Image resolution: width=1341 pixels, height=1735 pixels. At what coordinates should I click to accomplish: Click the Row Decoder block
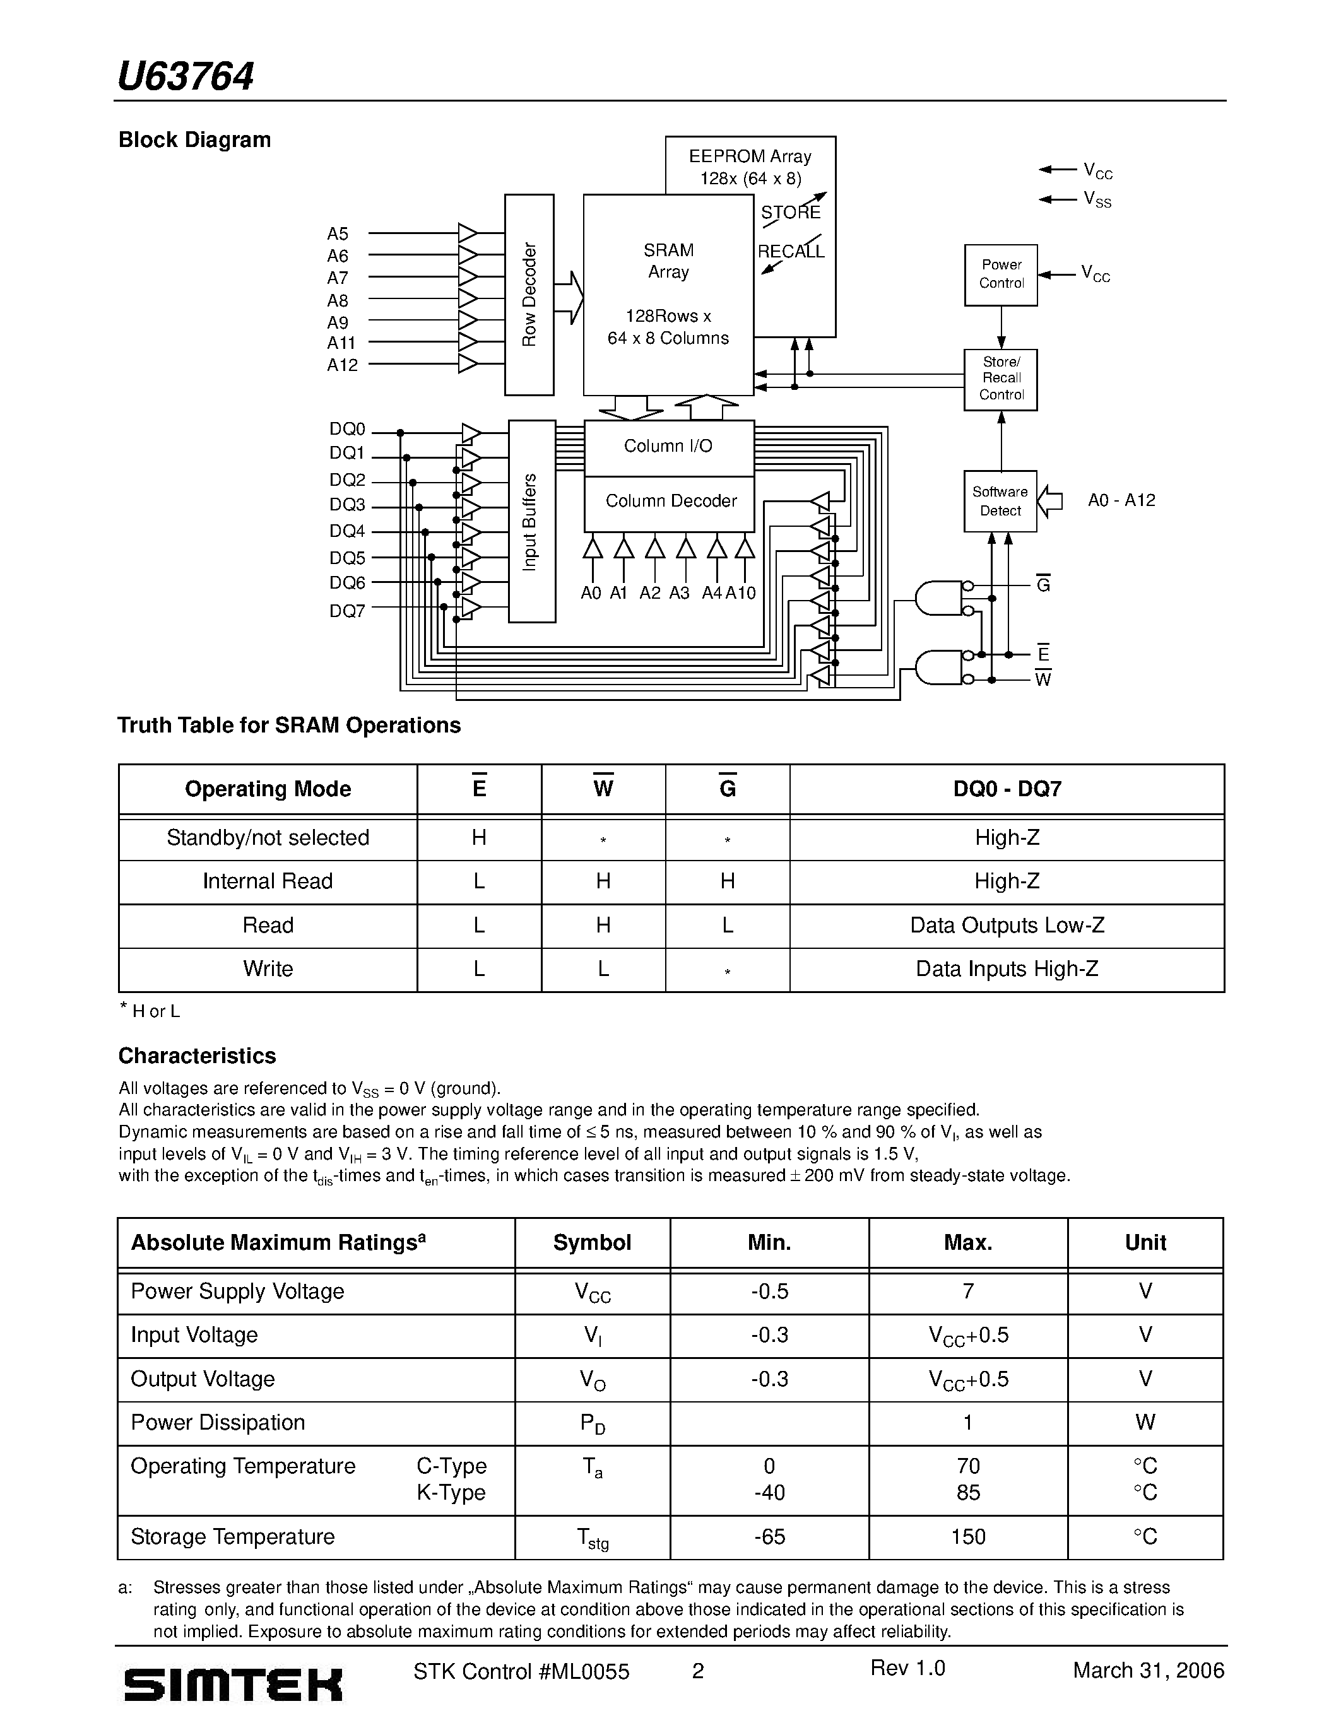(529, 295)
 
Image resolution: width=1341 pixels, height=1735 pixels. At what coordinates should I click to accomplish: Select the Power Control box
(1001, 275)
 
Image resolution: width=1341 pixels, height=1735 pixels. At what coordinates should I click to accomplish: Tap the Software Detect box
(1000, 502)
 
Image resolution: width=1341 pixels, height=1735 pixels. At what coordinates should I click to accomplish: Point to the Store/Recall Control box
(1001, 379)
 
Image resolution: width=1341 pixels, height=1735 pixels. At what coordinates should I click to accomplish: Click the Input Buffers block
(531, 521)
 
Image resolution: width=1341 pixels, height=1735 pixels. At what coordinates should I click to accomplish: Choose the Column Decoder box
(670, 502)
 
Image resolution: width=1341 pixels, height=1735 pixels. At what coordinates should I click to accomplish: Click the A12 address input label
(343, 365)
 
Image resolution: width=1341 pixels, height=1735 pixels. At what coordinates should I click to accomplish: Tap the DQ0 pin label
(347, 430)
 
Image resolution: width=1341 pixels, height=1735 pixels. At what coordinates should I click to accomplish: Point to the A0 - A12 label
(1121, 500)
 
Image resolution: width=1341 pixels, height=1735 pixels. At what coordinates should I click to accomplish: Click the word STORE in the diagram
(791, 213)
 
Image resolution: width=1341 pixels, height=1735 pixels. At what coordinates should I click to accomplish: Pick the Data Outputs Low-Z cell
(1007, 926)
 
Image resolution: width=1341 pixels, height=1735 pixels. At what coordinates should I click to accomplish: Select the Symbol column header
(592, 1244)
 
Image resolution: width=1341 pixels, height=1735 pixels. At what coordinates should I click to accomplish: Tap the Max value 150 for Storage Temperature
(967, 1537)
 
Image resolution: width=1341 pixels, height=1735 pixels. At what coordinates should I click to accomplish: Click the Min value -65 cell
(769, 1537)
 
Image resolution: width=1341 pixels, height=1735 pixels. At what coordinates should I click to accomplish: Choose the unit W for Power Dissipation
(1145, 1423)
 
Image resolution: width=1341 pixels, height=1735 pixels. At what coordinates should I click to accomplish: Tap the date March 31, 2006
(1148, 1671)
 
